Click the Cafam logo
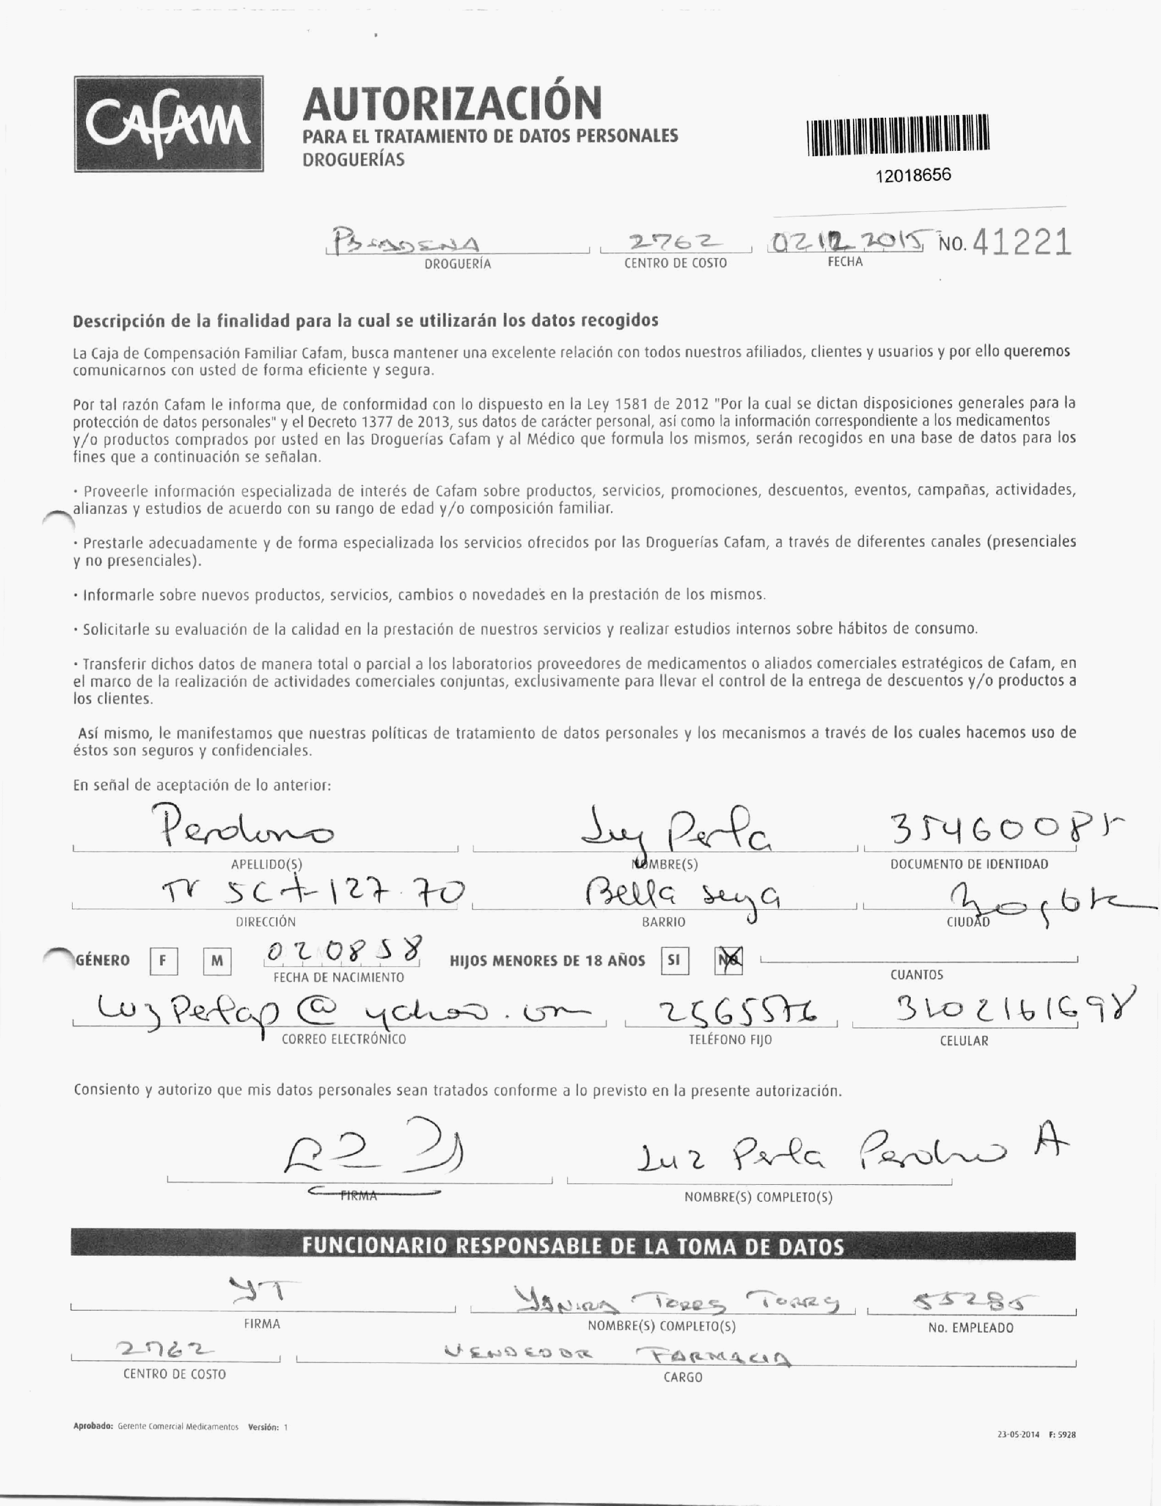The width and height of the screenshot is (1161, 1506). tap(169, 124)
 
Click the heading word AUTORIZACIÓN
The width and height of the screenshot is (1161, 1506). tap(452, 103)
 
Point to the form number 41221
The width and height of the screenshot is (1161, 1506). tap(1022, 243)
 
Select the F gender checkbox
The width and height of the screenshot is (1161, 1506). tap(163, 961)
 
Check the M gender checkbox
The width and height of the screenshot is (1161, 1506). tap(217, 961)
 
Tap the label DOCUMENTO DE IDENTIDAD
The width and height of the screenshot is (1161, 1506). tap(969, 864)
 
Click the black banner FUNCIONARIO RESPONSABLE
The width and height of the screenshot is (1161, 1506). tap(572, 1246)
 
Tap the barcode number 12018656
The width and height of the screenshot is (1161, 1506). tap(913, 175)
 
